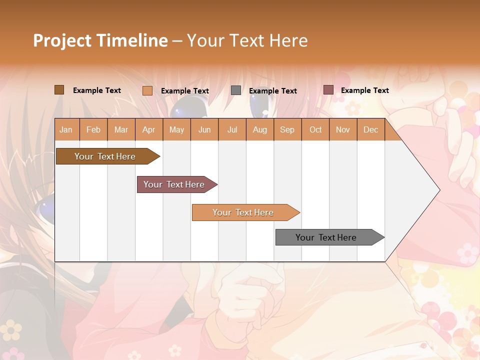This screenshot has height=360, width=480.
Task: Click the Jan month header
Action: click(x=66, y=129)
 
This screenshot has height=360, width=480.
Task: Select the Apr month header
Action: click(x=148, y=129)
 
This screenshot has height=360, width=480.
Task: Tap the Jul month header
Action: click(x=232, y=129)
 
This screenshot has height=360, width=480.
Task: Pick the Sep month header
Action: click(x=287, y=129)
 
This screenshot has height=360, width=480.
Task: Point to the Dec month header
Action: click(x=370, y=129)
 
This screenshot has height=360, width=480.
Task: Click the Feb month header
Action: click(x=93, y=129)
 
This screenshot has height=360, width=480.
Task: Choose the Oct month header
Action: click(x=315, y=129)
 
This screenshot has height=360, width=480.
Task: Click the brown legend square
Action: click(x=59, y=90)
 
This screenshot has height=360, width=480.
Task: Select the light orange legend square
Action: click(x=147, y=90)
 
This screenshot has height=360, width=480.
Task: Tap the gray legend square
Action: click(x=236, y=90)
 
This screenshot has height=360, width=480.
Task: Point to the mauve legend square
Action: click(x=328, y=90)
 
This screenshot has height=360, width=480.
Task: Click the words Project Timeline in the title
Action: click(x=100, y=40)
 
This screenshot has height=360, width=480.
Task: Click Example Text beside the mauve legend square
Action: click(x=364, y=90)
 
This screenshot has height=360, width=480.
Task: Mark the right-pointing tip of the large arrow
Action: click(x=439, y=189)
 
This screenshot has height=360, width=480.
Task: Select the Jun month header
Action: click(x=204, y=129)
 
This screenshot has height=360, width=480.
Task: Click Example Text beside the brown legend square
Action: click(x=97, y=90)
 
